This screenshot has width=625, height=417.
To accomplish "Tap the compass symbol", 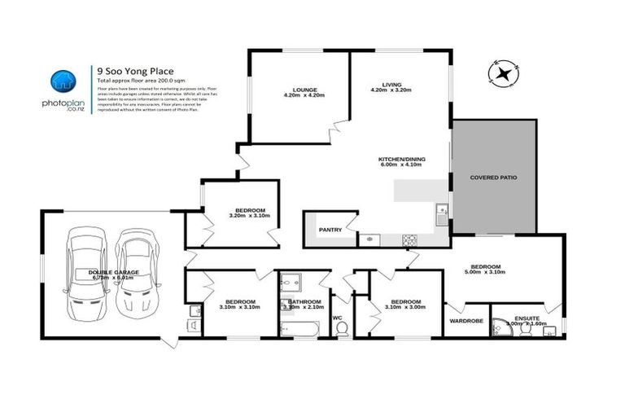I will click(x=502, y=75).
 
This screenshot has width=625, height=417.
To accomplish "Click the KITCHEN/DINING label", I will click(x=401, y=159).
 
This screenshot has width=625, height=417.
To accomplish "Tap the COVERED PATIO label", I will click(x=493, y=177).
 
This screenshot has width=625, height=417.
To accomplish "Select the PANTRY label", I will click(x=330, y=230).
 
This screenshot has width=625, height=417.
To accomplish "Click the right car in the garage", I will click(x=134, y=274).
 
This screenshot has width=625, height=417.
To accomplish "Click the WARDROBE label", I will click(x=465, y=321).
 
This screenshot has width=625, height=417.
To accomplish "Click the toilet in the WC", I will click(x=343, y=327).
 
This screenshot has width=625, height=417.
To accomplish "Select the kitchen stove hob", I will click(x=410, y=239).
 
